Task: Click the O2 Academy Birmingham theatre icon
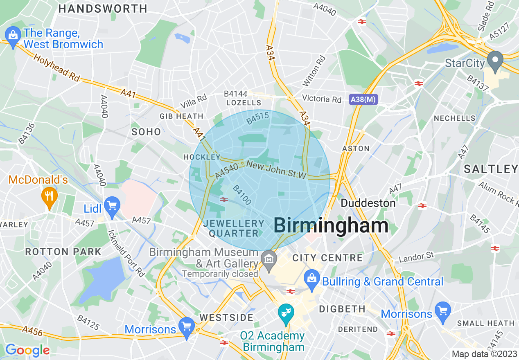coord(285,313)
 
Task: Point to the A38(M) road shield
coord(363,99)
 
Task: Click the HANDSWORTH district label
coord(103,8)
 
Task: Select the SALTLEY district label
coord(491,169)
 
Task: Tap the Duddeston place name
coord(368,203)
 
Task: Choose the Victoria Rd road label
coord(321,99)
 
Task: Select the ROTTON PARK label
coord(63,251)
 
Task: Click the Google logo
coord(27,350)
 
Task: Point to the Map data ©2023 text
coord(484,354)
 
